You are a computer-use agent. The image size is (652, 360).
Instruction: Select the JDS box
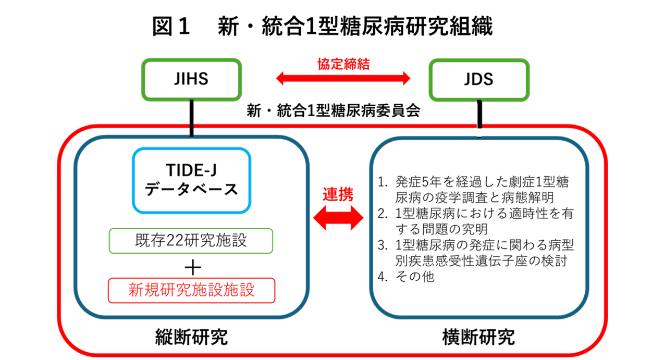pyautogui.click(x=478, y=80)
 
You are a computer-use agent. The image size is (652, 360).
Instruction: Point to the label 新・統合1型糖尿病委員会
pyautogui.click(x=334, y=111)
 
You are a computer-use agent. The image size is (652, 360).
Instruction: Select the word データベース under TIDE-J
pyautogui.click(x=191, y=190)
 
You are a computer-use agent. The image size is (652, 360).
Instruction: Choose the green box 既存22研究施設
pyautogui.click(x=191, y=241)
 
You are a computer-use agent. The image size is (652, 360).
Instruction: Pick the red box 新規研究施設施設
pyautogui.click(x=191, y=290)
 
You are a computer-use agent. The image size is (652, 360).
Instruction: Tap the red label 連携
pyautogui.click(x=338, y=194)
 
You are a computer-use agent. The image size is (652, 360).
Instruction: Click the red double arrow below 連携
pyautogui.click(x=338, y=218)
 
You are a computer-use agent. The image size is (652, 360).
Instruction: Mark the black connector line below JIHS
pyautogui.click(x=192, y=118)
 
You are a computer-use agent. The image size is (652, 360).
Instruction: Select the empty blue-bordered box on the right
pyautogui.click(x=478, y=227)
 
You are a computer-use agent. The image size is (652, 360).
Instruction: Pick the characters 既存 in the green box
pyautogui.click(x=143, y=241)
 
